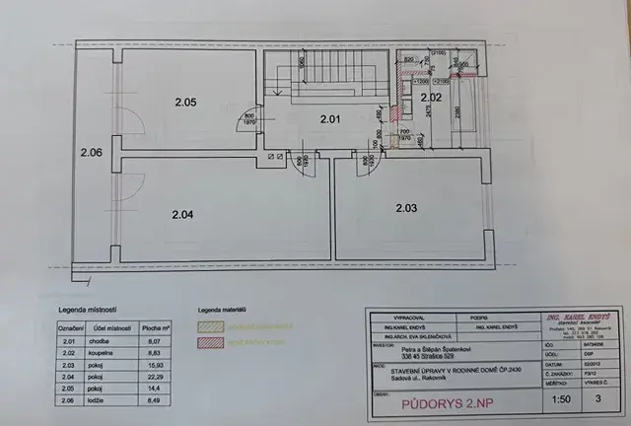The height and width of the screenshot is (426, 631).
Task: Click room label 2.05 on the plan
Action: pos(185,102)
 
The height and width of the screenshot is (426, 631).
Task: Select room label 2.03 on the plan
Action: pos(406,208)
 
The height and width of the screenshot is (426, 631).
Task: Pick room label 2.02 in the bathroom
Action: pos(430,98)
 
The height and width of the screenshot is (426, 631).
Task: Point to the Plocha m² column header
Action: pos(153,325)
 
